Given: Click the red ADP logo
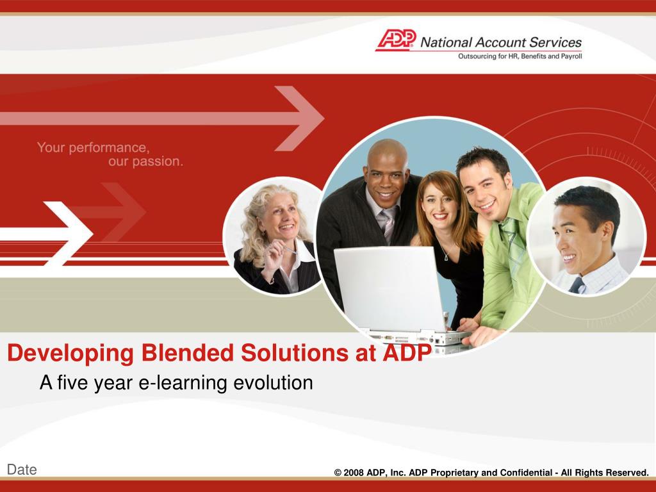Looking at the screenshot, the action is [396, 40].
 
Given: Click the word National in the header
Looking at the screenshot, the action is [447, 42].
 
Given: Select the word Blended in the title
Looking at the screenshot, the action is [187, 353].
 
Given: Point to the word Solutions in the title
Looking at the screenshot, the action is [295, 353].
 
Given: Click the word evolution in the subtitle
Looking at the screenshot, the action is [273, 382].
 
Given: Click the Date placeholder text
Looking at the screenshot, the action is [22, 470].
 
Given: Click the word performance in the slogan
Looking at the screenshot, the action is [109, 148].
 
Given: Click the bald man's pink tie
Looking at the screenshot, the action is [388, 226].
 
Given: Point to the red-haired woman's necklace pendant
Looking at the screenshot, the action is [447, 257].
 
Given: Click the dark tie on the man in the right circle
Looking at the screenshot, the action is [577, 285].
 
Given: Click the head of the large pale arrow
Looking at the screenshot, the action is [299, 119].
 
